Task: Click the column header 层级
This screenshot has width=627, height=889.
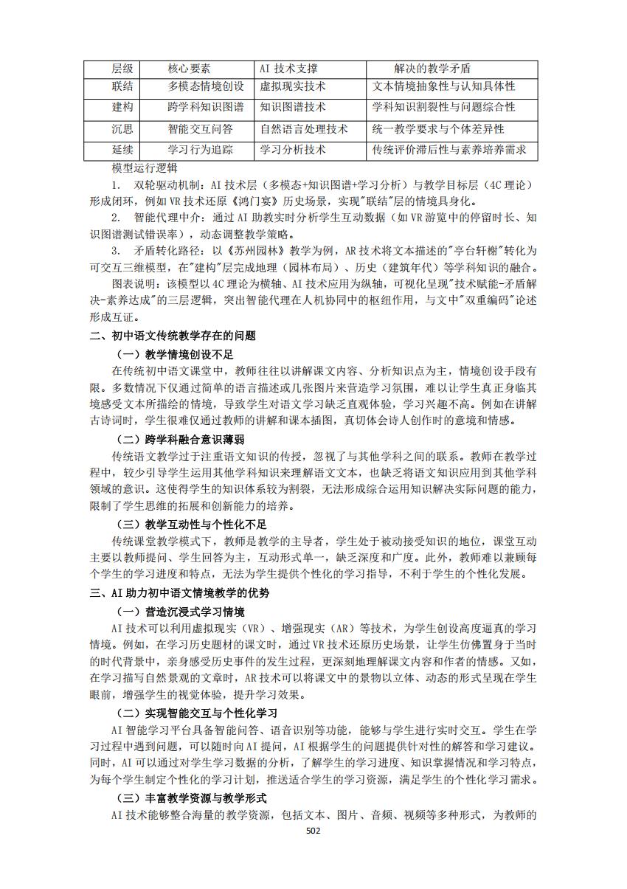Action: (122, 69)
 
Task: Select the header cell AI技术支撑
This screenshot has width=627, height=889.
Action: (288, 69)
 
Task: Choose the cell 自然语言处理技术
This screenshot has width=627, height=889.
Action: (303, 129)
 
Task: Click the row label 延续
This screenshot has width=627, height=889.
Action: (122, 150)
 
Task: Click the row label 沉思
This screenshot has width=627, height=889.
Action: (122, 129)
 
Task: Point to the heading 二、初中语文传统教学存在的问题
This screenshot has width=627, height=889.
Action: (173, 336)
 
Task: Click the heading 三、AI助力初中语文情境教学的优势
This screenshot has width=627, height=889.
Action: (179, 592)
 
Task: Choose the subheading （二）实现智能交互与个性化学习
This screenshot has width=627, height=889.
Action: (197, 713)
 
